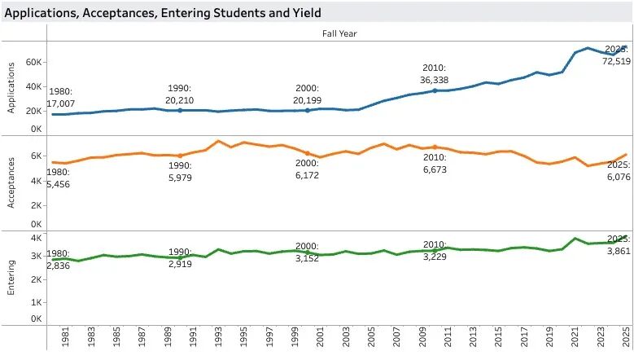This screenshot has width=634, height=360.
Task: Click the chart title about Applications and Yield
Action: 163,12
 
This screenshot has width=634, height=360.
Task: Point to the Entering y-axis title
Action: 12,278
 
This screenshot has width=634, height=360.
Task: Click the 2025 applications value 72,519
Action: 613,63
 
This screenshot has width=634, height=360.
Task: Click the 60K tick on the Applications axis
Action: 34,62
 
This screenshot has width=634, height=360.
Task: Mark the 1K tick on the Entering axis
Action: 37,301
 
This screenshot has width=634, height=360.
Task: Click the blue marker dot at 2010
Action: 435,90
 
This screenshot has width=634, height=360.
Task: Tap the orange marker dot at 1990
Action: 180,156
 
